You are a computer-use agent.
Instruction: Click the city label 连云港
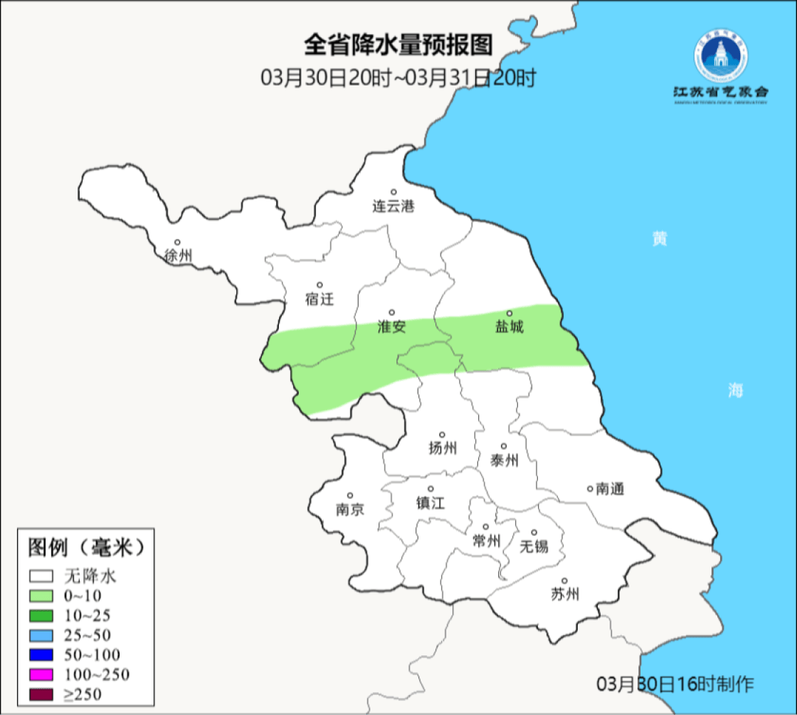pyautogui.click(x=393, y=207)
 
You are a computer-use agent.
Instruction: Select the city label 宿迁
pyautogui.click(x=320, y=299)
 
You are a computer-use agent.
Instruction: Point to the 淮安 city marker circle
pyautogui.click(x=392, y=312)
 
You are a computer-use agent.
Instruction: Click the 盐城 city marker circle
pyautogui.click(x=508, y=313)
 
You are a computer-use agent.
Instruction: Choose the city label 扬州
pyautogui.click(x=443, y=448)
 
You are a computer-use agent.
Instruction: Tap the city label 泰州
pyautogui.click(x=504, y=460)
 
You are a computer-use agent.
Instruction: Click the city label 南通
pyautogui.click(x=610, y=488)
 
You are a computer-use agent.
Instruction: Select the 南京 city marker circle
pyautogui.click(x=350, y=496)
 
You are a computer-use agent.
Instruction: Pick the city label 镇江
pyautogui.click(x=431, y=502)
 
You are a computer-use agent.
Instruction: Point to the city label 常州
pyautogui.click(x=486, y=541)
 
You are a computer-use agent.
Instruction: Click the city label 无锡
pyautogui.click(x=534, y=546)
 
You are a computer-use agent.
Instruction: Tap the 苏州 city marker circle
pyautogui.click(x=565, y=581)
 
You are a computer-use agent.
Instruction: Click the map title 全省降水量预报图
pyautogui.click(x=398, y=46)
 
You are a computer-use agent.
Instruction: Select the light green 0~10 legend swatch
pyautogui.click(x=41, y=595)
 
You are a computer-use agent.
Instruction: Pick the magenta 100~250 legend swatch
pyautogui.click(x=41, y=674)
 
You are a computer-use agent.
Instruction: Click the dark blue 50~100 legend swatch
pyautogui.click(x=41, y=654)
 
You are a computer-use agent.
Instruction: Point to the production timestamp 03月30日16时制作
pyautogui.click(x=675, y=683)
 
